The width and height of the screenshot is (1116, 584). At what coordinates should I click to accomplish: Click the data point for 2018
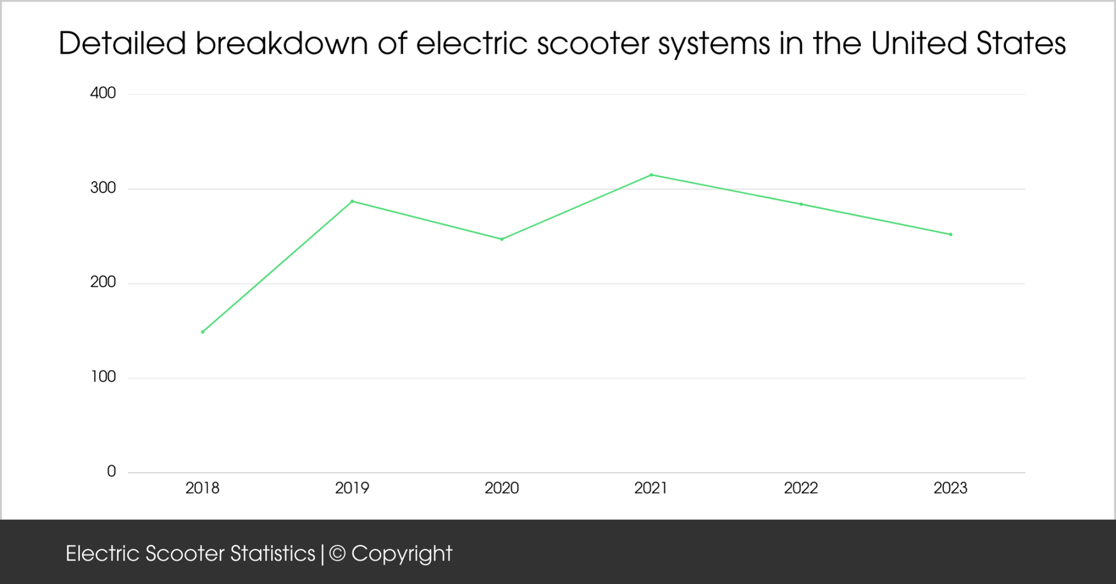coord(203,332)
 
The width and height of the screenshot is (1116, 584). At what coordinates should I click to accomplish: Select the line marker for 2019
coord(352,201)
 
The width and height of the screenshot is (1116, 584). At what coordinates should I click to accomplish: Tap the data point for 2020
coord(502,239)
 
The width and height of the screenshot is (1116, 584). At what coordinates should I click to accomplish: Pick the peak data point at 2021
coord(652,175)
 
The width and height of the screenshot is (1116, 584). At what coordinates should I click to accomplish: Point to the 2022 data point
coord(801,204)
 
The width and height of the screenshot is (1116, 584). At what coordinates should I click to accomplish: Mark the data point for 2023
coord(951,234)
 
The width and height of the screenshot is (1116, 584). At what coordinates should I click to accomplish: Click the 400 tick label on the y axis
coord(103,93)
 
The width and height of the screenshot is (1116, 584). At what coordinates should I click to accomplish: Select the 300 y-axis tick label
coord(103,188)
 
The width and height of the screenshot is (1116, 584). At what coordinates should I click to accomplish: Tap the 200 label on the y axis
coord(103,282)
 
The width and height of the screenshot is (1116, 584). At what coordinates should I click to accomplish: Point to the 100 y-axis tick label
coord(103,377)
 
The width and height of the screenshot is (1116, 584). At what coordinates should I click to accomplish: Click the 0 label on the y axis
coord(111,472)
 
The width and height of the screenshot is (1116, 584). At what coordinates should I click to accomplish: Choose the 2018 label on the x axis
coord(202,488)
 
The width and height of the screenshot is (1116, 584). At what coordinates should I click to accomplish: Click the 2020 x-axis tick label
coord(502,488)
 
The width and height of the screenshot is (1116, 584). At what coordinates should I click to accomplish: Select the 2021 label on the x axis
coord(651,488)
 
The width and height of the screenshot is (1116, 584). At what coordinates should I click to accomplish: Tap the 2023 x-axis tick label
coord(950,488)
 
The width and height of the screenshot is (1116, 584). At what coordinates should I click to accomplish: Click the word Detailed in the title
coord(122,43)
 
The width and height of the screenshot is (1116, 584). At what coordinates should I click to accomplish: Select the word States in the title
coord(1021,43)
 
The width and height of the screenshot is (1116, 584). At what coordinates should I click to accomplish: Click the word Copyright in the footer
coord(402,554)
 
